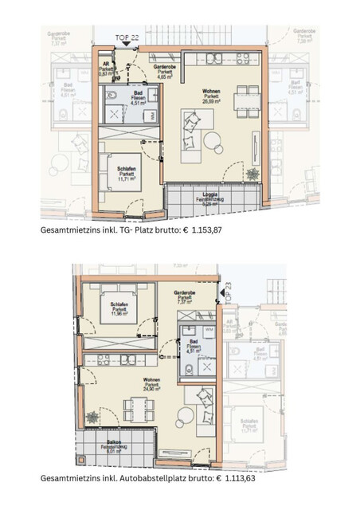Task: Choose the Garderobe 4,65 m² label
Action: [165, 71]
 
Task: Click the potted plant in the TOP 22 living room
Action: [252, 174]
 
